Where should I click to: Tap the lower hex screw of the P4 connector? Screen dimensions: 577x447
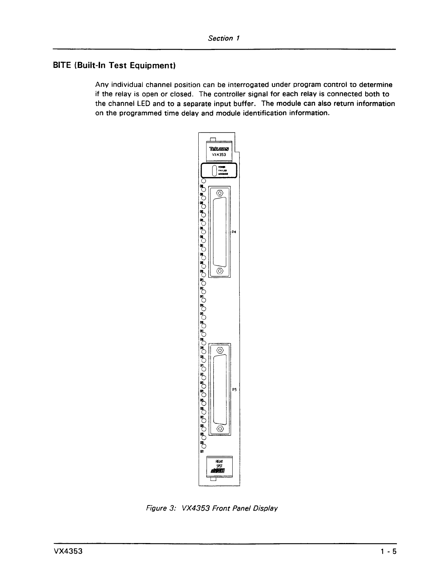point(220,271)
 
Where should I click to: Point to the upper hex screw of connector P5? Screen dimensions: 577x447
point(220,350)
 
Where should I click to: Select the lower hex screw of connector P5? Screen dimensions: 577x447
point(220,429)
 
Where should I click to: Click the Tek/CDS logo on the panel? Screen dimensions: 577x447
point(219,149)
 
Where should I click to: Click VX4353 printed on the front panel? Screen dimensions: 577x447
point(219,155)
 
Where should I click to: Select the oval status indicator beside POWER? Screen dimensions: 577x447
point(214,170)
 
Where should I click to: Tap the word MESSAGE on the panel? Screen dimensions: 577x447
point(223,174)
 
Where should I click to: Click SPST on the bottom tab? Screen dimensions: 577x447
point(219,466)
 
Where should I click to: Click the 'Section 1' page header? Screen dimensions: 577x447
point(223,38)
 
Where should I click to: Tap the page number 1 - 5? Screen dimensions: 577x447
point(388,551)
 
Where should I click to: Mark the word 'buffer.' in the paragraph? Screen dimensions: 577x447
point(244,104)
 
